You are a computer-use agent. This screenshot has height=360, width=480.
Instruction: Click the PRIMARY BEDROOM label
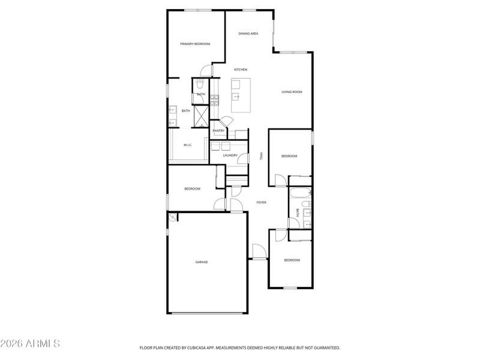(x=195, y=44)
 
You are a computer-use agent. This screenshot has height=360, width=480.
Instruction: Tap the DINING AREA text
(x=248, y=34)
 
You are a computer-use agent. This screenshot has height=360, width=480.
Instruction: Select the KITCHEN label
(x=241, y=70)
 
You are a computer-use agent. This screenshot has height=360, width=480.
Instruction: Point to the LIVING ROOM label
(x=292, y=92)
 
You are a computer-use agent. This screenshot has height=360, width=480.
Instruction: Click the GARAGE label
(x=201, y=262)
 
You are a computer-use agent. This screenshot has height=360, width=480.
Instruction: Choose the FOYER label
(x=262, y=202)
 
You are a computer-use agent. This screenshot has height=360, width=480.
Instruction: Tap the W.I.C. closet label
(x=187, y=145)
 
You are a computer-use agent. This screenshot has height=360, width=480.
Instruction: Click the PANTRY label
(x=218, y=131)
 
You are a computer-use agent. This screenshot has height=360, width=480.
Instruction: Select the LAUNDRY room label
(x=230, y=155)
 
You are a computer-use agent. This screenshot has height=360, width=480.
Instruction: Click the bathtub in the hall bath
(x=299, y=194)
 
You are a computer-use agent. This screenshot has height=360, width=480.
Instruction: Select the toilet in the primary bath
(x=201, y=85)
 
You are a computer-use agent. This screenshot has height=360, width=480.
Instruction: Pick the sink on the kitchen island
(x=237, y=96)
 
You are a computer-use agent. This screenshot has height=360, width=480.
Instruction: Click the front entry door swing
(x=259, y=252)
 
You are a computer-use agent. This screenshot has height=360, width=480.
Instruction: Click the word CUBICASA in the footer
(x=188, y=347)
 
